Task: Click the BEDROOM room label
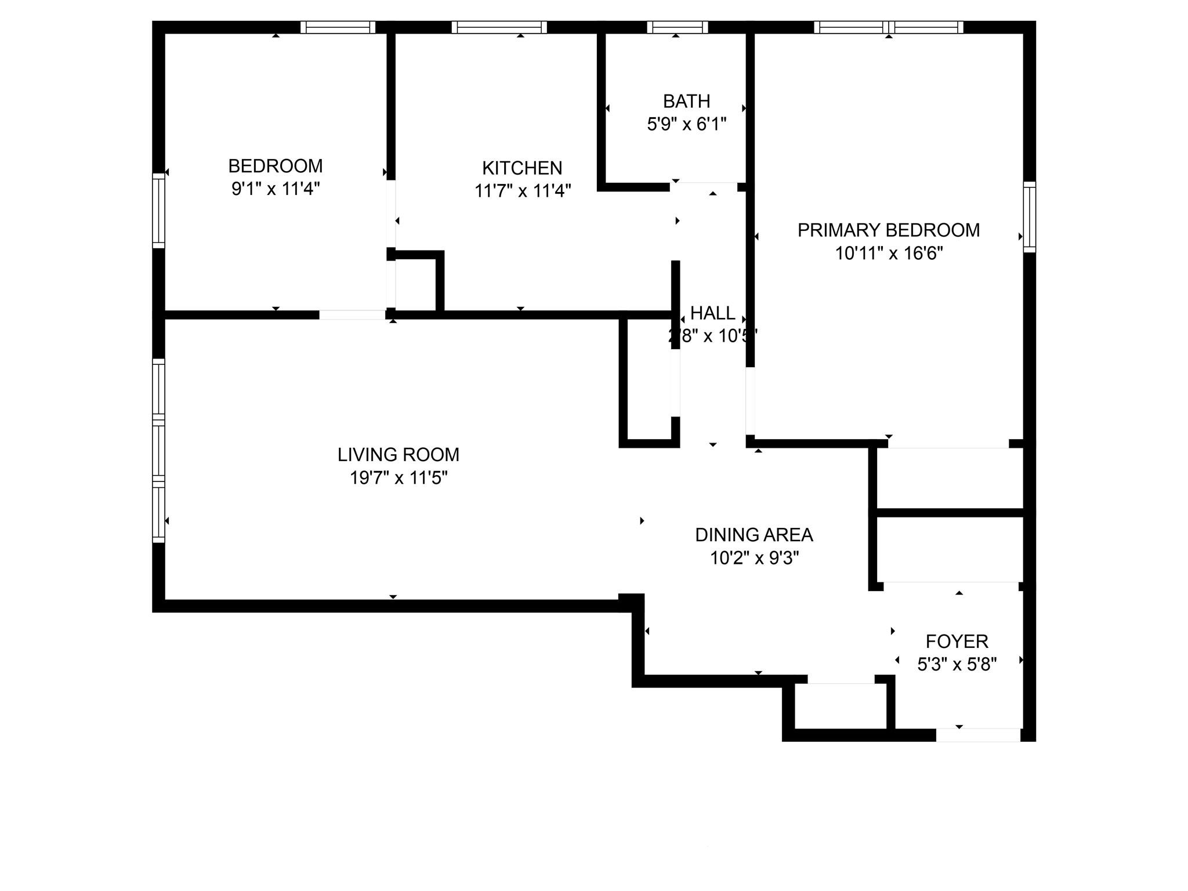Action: click(275, 166)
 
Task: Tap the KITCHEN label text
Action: click(522, 168)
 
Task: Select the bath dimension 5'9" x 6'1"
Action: click(686, 124)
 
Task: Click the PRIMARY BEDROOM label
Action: click(888, 230)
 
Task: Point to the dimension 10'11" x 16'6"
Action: click(888, 253)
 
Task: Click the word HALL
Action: click(712, 313)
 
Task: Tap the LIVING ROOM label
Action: click(398, 454)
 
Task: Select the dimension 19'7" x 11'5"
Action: click(398, 478)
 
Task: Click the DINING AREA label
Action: click(754, 535)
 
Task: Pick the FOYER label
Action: click(957, 642)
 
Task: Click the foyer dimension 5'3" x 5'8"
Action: click(957, 664)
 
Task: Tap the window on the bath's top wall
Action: click(677, 27)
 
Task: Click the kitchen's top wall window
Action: click(499, 27)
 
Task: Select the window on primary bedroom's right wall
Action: click(1029, 216)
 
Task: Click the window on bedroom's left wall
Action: click(158, 210)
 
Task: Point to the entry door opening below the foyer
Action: click(978, 735)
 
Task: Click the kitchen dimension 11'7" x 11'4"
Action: click(522, 191)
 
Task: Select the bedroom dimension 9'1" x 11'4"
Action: click(275, 189)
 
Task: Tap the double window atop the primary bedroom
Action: click(888, 27)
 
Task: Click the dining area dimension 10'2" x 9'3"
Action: click(754, 558)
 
